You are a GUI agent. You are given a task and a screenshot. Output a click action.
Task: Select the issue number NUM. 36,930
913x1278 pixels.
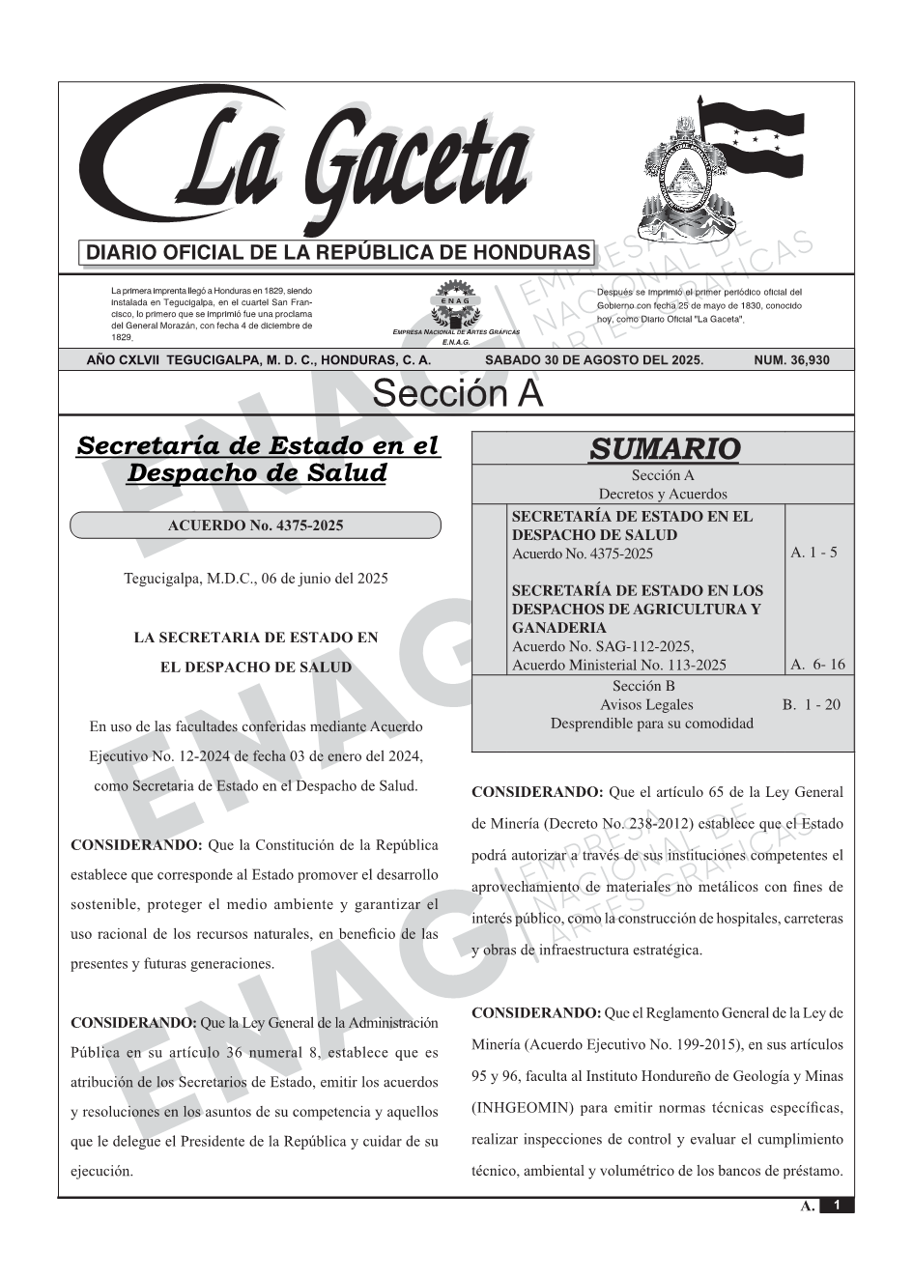point(791,360)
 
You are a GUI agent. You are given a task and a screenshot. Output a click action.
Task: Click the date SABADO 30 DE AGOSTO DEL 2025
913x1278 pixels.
point(594,360)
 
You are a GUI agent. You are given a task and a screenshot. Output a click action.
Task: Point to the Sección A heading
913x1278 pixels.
point(457,394)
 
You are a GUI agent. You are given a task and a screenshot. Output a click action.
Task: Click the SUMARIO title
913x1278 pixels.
point(664,449)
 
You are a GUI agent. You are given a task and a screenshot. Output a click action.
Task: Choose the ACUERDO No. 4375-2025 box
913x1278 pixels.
point(255,525)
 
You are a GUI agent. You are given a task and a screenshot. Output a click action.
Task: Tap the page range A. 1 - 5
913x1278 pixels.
point(813,553)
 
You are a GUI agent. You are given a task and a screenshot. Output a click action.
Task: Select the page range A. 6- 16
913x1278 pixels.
point(817,664)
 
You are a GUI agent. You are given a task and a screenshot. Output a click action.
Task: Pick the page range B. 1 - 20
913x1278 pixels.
point(811,704)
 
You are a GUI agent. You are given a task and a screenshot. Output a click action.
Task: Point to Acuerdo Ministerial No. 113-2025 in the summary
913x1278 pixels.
point(618,665)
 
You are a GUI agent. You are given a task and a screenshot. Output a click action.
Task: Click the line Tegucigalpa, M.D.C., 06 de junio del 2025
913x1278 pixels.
point(256,579)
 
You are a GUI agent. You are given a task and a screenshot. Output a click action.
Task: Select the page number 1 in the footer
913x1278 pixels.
point(837,1206)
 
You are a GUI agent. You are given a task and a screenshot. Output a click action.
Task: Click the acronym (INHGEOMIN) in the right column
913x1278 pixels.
point(522,1107)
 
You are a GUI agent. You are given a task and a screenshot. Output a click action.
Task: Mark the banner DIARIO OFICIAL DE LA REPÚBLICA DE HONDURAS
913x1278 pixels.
point(338,253)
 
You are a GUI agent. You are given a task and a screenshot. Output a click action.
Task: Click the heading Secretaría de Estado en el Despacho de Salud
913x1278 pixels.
point(257,460)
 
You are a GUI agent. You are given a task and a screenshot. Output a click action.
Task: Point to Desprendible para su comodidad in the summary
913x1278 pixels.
point(651,723)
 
